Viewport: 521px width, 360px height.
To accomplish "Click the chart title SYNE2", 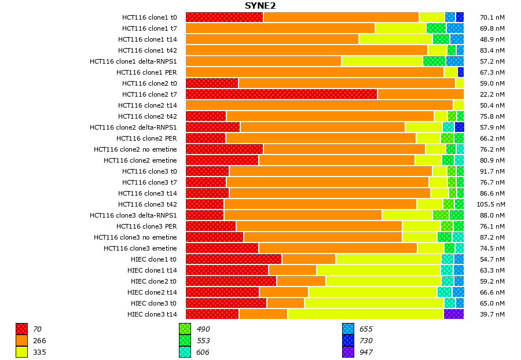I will pos(260,6).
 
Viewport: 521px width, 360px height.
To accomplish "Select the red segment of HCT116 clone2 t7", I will pos(281,94).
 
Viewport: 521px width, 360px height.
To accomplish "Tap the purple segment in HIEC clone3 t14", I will pos(453,314).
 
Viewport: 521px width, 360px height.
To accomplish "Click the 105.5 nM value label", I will pos(491,204).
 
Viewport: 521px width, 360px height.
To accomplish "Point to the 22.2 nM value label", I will pos(492,94).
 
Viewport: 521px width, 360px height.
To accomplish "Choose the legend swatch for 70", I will pos(21,329).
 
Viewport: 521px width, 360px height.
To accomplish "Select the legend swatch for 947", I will pos(348,352).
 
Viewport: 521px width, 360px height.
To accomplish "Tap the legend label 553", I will pos(204,340).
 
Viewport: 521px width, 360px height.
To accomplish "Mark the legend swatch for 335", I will pos(21,352).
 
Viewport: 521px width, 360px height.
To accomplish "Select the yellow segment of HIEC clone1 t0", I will pos(388,259).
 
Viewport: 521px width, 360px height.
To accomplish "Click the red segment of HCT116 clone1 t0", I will pos(224,17).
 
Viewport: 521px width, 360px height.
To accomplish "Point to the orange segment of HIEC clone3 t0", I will pos(285,303).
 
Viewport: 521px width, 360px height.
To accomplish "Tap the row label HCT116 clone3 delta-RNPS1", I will pos(133,215).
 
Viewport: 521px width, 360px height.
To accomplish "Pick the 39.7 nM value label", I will pos(492,314).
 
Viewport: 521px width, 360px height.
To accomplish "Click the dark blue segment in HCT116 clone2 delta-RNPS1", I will pos(459,127).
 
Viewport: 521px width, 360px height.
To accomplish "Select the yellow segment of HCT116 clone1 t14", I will pos(395,39).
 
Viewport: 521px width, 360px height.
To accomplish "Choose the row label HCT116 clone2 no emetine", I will pos(135,149).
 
